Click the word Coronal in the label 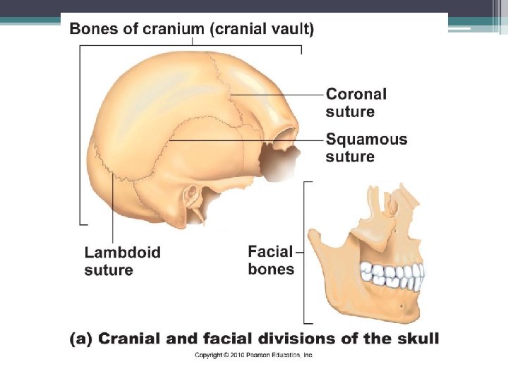[356, 95]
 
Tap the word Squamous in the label [366, 139]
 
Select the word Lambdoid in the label [122, 253]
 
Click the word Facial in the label [270, 251]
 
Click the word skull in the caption [418, 339]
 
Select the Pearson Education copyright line [253, 355]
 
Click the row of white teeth [392, 274]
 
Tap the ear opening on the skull [190, 195]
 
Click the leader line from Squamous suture [240, 140]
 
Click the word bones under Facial [271, 269]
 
